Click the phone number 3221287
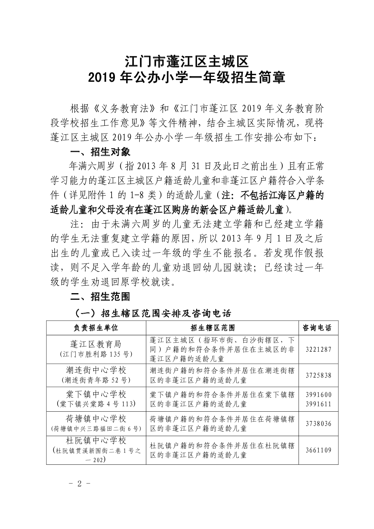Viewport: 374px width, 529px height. pyautogui.click(x=319, y=350)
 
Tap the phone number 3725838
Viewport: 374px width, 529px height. pyautogui.click(x=319, y=375)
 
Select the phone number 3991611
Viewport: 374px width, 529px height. pyautogui.click(x=319, y=404)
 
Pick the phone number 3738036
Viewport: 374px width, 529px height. pyautogui.click(x=319, y=424)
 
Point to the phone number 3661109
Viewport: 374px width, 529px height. pyautogui.click(x=319, y=450)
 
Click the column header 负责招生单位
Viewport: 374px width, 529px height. pyautogui.click(x=96, y=328)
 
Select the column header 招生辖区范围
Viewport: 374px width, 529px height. pyautogui.click(x=222, y=328)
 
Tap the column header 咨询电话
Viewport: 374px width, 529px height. pyautogui.click(x=319, y=328)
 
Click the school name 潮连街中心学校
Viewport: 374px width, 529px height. pyautogui.click(x=96, y=370)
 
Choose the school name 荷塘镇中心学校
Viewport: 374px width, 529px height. pyautogui.click(x=96, y=419)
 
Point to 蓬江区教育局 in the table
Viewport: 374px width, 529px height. pyautogui.click(x=96, y=344)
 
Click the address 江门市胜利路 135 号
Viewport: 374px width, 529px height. pyautogui.click(x=96, y=354)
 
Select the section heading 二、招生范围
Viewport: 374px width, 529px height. pyautogui.click(x=100, y=297)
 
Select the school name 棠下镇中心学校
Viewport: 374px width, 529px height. pyautogui.click(x=96, y=394)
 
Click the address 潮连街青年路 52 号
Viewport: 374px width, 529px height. pyautogui.click(x=96, y=380)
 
